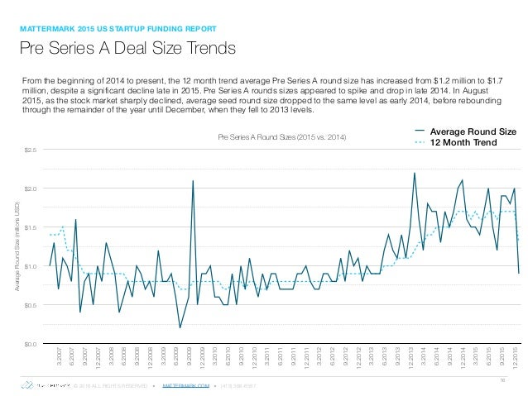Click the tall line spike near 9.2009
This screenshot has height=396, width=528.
(193, 181)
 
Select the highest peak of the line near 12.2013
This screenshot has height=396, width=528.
(415, 173)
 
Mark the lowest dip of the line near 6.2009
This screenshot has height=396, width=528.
(180, 327)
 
